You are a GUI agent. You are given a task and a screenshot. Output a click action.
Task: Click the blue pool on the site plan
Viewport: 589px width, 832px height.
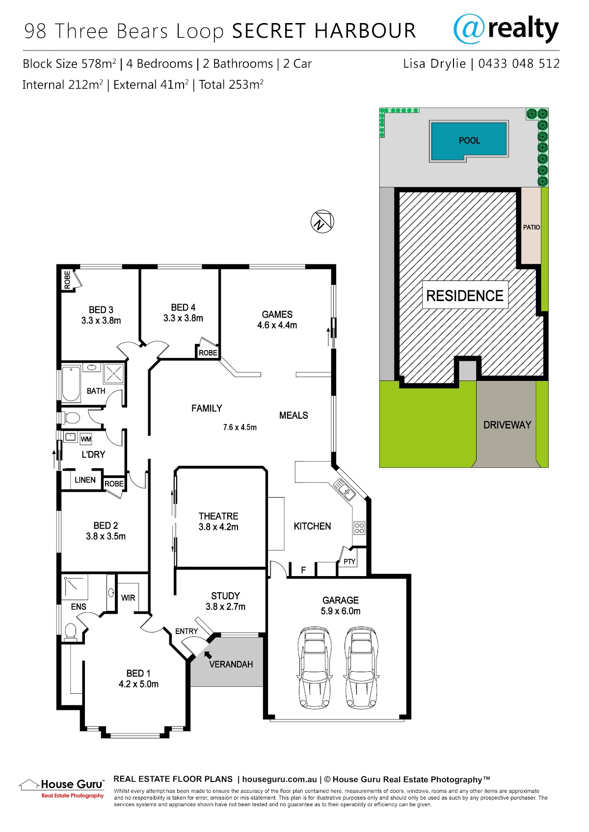pos(469,140)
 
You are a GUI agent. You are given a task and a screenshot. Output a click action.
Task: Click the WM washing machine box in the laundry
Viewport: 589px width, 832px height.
pos(86,439)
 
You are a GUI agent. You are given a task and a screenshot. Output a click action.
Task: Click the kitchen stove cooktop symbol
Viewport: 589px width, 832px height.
pos(359,528)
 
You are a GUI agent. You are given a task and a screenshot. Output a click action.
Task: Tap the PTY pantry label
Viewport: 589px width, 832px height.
pos(349,561)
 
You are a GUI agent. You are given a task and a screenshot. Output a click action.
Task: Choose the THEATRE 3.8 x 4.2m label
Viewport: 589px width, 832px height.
pos(218,521)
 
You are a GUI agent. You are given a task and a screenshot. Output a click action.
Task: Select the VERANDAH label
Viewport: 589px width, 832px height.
pos(231,664)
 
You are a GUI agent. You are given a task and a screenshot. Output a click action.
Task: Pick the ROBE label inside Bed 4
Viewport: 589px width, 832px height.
pos(208,353)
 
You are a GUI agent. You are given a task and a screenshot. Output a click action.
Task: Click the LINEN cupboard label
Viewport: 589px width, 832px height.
pos(85,480)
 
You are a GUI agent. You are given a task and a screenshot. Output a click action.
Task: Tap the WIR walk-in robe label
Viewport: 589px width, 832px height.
pos(128,598)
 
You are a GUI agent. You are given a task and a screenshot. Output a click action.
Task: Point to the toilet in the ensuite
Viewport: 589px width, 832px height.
pos(71,632)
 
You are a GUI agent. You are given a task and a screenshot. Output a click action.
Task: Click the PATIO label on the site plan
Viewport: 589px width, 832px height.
pos(532,227)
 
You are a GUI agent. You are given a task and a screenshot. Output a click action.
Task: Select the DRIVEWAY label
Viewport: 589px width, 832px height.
pos(507,425)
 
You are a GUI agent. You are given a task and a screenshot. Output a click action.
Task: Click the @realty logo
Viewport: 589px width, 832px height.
pos(506,29)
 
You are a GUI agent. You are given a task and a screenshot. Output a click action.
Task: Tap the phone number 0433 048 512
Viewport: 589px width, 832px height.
pos(519,64)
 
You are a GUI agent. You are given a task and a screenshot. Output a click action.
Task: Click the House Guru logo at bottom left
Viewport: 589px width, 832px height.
pos(61,788)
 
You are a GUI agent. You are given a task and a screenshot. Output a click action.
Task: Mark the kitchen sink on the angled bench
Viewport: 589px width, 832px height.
pos(344,489)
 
